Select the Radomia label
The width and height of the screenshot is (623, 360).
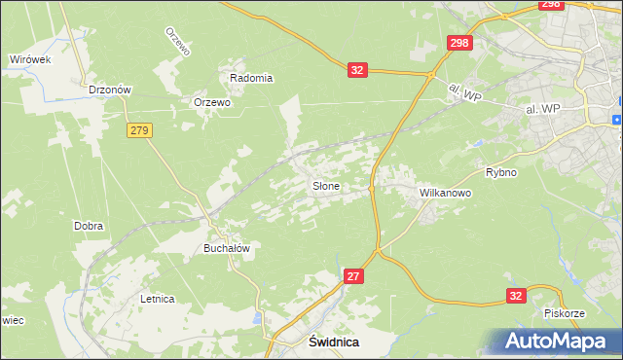click(x=250, y=78)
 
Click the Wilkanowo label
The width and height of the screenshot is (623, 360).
click(x=445, y=193)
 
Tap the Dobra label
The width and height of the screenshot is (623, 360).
click(x=89, y=226)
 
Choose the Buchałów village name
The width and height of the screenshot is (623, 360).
click(x=226, y=248)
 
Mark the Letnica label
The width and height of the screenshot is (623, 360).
click(x=157, y=299)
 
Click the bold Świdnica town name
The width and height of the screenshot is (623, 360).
click(x=334, y=342)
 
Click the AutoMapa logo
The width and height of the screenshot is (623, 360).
click(x=559, y=341)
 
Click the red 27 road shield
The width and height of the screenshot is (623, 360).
click(x=353, y=277)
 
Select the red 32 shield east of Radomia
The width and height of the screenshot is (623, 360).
click(x=357, y=69)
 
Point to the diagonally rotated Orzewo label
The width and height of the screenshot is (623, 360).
click(x=175, y=40)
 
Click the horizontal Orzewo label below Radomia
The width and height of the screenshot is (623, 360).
click(x=211, y=102)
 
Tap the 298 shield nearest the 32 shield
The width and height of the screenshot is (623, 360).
click(x=459, y=42)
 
